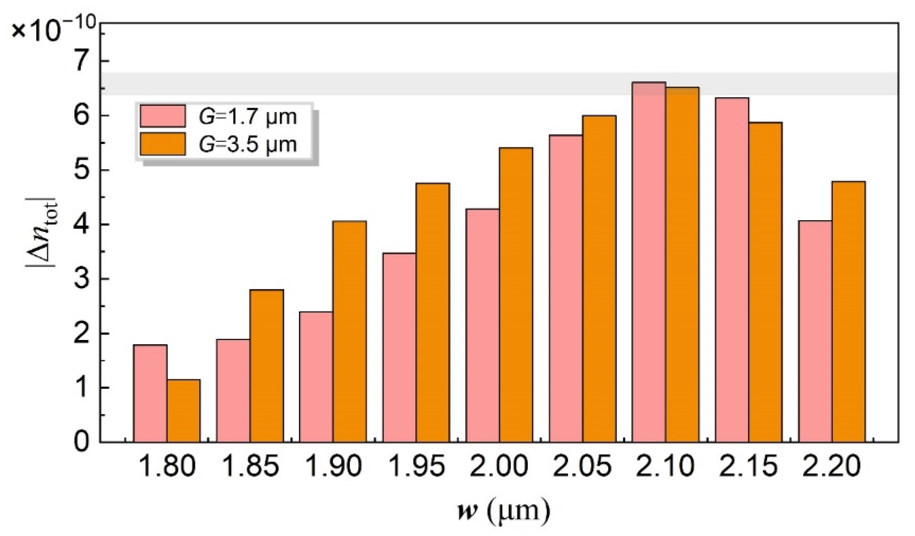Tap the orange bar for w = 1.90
coord(350,331)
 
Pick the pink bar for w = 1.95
coord(399,347)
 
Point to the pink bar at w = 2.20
coord(815,331)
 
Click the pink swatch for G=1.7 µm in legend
coord(163,116)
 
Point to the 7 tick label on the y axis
coord(82,62)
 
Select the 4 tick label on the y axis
coord(82,225)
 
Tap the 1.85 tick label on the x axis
coord(251,467)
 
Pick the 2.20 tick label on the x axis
coord(831,467)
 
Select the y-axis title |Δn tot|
coord(41,233)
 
